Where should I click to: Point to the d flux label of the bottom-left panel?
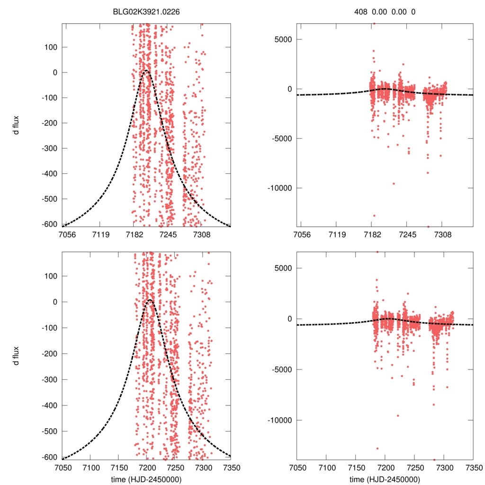[17, 356]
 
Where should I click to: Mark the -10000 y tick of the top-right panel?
[279, 188]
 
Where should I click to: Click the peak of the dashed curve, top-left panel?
[146, 71]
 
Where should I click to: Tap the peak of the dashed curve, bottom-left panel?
[149, 300]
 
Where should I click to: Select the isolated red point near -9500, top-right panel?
[393, 183]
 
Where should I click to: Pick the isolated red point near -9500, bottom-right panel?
[398, 415]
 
